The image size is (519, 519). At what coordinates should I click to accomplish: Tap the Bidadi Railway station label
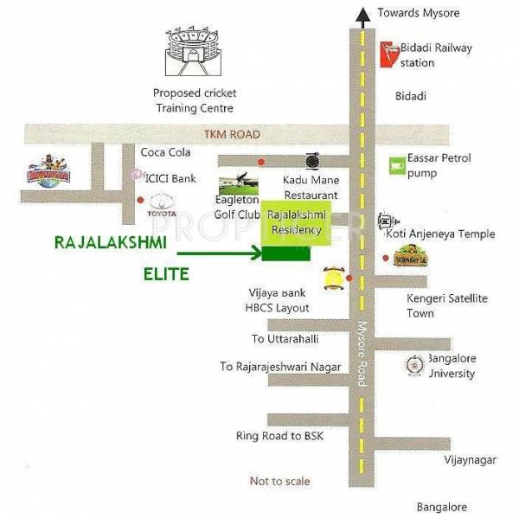(x=436, y=55)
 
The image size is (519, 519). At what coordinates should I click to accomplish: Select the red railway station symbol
(x=390, y=54)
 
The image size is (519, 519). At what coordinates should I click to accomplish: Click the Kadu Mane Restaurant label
(x=312, y=187)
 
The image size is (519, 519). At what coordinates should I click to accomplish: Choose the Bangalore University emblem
(x=413, y=365)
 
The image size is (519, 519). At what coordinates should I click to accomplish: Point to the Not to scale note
(x=279, y=481)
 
